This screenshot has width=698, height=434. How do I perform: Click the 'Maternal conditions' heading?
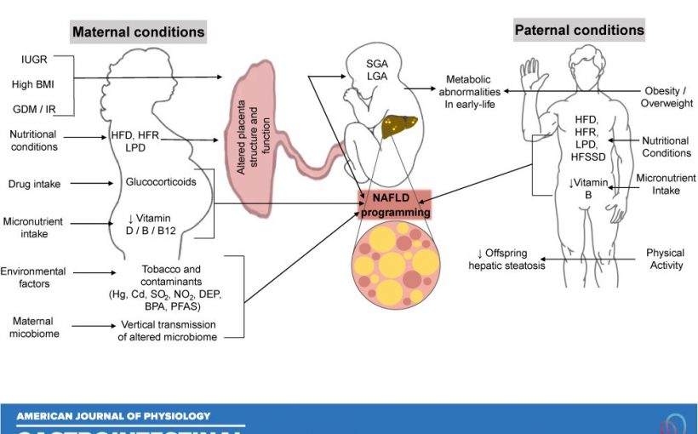(138, 32)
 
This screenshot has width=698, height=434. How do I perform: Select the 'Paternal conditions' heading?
(579, 30)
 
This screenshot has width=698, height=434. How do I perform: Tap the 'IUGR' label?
(34, 60)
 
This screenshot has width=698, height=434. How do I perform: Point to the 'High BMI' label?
(34, 84)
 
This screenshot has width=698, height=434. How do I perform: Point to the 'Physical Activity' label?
(665, 259)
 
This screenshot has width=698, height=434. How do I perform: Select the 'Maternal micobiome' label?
(32, 328)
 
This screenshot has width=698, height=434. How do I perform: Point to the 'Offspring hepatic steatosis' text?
(506, 259)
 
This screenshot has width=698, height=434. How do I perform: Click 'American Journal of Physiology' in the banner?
(113, 416)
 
